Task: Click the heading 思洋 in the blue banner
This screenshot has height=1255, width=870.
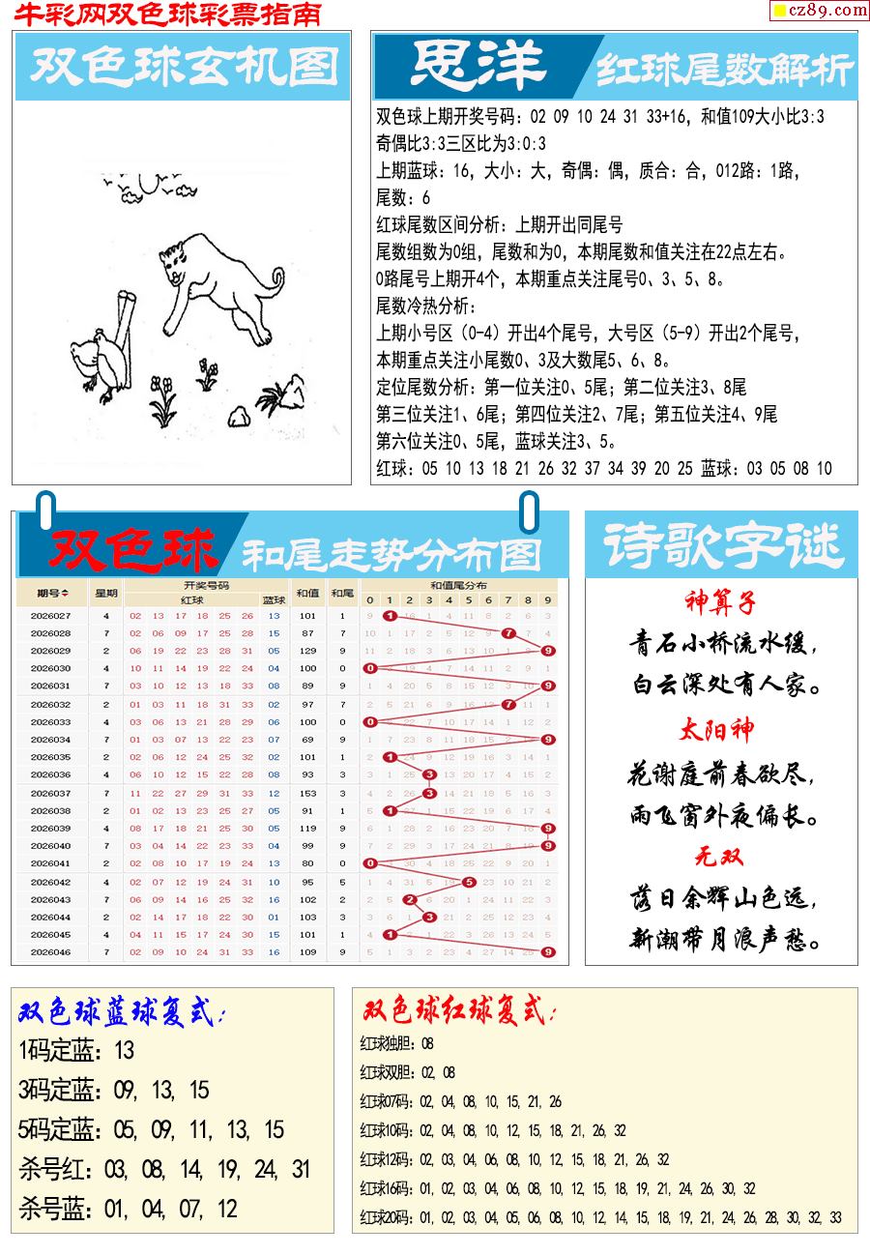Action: (x=478, y=67)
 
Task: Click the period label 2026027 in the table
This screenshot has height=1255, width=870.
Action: (x=50, y=616)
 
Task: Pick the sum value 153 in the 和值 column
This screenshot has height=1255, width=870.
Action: (x=307, y=793)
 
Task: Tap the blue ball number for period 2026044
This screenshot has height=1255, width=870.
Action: (x=274, y=917)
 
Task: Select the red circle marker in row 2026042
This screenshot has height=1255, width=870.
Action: (x=469, y=882)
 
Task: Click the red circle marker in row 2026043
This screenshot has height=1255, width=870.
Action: (x=409, y=899)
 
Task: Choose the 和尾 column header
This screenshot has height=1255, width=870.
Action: (x=340, y=593)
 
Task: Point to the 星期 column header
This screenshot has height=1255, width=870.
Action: (x=105, y=593)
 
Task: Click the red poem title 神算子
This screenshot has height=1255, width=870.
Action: (x=720, y=603)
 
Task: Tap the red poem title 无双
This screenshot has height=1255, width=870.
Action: (x=719, y=857)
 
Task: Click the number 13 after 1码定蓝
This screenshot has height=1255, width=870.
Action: (x=124, y=1050)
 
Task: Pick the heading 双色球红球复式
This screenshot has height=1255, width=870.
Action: (x=459, y=1012)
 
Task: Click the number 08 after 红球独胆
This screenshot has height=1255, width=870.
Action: (x=427, y=1043)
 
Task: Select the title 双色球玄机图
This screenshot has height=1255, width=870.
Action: (x=184, y=67)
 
